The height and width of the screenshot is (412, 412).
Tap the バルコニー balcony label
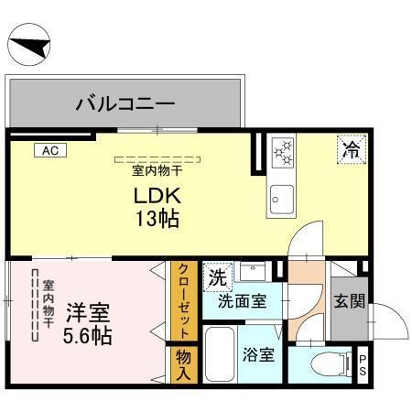(125, 103)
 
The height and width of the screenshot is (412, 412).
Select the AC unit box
(49, 149)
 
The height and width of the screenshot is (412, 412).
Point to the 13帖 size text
(157, 220)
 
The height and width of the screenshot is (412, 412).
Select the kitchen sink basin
(280, 197)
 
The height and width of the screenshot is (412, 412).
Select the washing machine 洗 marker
(217, 275)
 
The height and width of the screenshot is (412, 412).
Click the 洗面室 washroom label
(242, 301)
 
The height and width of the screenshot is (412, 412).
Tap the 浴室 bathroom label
(259, 354)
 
